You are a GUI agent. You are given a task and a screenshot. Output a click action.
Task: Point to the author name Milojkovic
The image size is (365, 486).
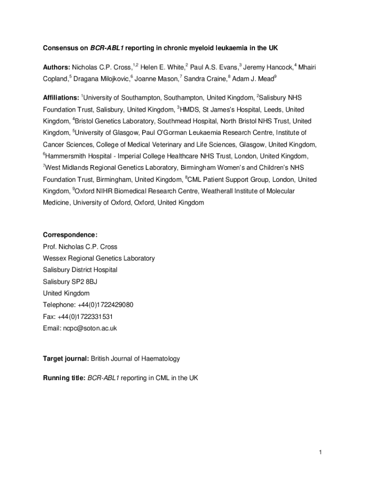pyautogui.click(x=111, y=79)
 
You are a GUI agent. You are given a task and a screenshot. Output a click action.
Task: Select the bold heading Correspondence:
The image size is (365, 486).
pyautogui.click(x=70, y=235)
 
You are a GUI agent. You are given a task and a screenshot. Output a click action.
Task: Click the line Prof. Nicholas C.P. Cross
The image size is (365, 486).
pyautogui.click(x=80, y=247)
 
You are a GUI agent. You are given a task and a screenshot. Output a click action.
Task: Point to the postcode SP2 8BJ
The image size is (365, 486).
pyautogui.click(x=85, y=281)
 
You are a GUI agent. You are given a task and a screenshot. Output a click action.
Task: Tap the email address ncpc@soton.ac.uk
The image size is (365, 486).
pyautogui.click(x=90, y=328)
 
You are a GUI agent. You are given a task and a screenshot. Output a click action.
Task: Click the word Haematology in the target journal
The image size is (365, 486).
pyautogui.click(x=160, y=359)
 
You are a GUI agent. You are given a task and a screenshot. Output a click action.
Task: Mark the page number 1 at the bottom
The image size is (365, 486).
pyautogui.click(x=320, y=452)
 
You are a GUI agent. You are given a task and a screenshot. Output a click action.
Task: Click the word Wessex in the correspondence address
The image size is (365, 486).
pyautogui.click(x=54, y=259)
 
